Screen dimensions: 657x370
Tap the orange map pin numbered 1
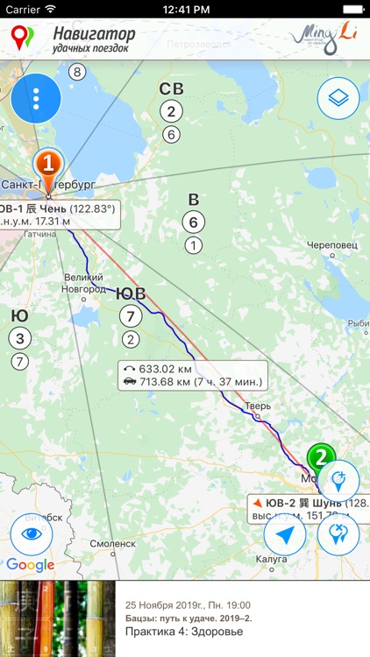pos(49,164)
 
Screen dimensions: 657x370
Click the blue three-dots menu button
pos(36,99)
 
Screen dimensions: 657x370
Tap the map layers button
pos(338,99)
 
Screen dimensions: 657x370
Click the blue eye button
pos(32,534)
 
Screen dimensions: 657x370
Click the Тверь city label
pos(257,406)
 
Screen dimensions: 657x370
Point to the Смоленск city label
pos(111,543)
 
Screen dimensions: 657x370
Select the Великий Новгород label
pos(83,284)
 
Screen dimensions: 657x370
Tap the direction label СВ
pos(171,88)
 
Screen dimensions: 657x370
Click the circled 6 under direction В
pos(193,223)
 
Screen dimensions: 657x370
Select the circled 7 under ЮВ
pos(131,316)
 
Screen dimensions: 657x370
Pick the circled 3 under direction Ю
pos(20,337)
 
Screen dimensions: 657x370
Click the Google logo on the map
pos(30,565)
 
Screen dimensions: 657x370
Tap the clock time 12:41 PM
pos(184,9)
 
